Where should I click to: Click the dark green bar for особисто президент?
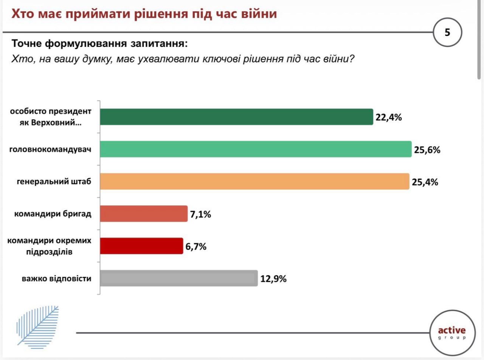(236, 117)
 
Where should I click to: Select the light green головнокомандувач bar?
(256, 149)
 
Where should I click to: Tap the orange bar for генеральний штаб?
(254, 181)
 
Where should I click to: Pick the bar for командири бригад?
(144, 214)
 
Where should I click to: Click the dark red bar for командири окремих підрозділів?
(141, 246)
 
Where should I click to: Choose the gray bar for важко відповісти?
(179, 278)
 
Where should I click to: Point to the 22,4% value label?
(388, 117)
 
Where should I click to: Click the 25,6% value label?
(427, 150)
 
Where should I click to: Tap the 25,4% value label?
(425, 182)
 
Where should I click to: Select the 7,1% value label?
(200, 215)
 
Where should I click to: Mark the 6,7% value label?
(196, 247)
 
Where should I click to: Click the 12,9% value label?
(273, 279)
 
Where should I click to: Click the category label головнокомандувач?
(50, 150)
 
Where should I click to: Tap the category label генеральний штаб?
(54, 182)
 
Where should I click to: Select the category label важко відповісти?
(56, 279)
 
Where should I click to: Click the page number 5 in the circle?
(447, 32)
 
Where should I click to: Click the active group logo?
(451, 333)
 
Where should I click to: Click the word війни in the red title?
(257, 14)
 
